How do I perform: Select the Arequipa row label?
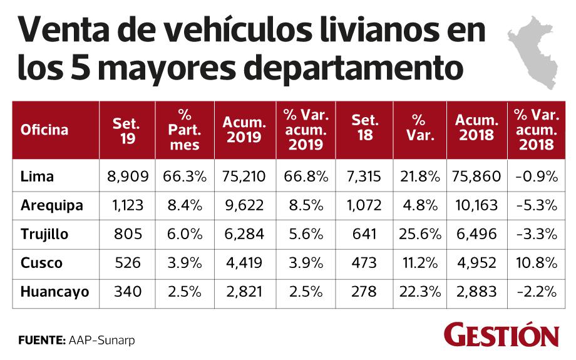click(52, 206)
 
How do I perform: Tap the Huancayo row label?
click(54, 292)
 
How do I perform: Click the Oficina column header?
click(44, 130)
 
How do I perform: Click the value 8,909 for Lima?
click(128, 177)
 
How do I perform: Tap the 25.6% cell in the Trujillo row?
click(419, 234)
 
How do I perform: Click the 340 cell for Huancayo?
click(128, 292)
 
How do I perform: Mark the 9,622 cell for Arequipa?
click(243, 206)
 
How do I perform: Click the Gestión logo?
click(501, 335)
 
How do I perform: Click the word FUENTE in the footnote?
click(41, 341)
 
